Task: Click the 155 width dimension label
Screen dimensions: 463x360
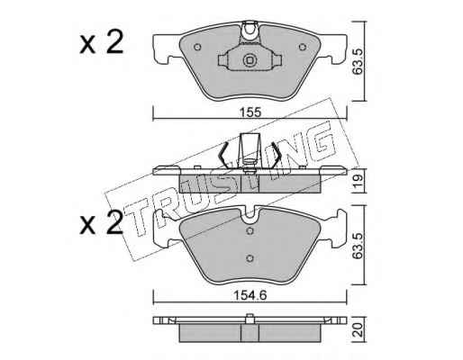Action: click(250, 112)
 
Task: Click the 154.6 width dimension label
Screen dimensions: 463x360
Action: click(250, 295)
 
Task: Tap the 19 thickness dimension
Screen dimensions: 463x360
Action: click(359, 181)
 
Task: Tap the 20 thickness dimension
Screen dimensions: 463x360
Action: click(359, 329)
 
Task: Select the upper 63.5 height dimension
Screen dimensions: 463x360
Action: click(359, 61)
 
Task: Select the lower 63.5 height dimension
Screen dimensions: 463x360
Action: click(359, 245)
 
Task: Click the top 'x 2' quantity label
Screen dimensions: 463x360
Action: click(102, 42)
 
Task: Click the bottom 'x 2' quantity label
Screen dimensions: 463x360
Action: click(102, 222)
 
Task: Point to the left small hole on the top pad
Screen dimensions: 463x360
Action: click(197, 47)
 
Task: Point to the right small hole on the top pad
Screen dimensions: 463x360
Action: click(303, 47)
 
